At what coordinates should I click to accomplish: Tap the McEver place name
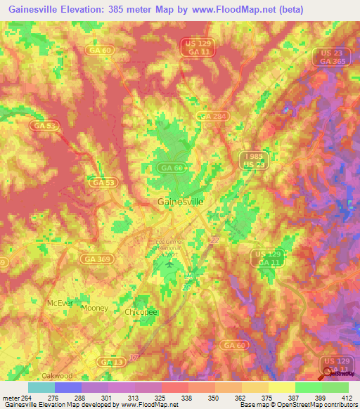[x=59, y=302]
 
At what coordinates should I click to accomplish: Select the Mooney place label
[x=95, y=308]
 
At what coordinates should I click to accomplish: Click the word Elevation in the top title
[x=77, y=8]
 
